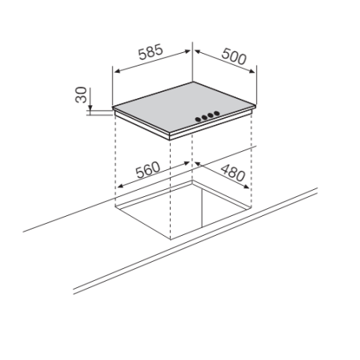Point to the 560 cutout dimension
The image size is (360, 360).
point(148,169)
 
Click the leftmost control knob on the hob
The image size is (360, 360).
point(197,121)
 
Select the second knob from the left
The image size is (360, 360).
point(203,119)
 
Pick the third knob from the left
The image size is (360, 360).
point(210,117)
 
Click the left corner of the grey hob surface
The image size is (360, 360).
point(114,108)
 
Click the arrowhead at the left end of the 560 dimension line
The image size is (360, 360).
point(118,188)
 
